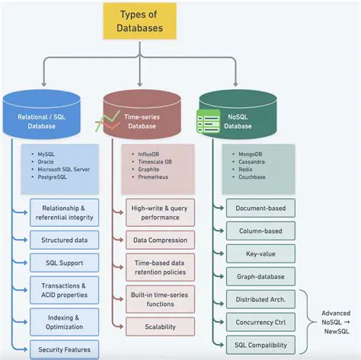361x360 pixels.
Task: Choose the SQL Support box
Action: click(x=64, y=263)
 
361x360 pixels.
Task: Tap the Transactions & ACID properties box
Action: click(x=64, y=291)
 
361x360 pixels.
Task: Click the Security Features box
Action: click(x=64, y=350)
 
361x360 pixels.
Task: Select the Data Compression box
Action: click(x=159, y=240)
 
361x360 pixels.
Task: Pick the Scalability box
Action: click(x=159, y=326)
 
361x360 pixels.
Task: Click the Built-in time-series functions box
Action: click(x=159, y=298)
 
